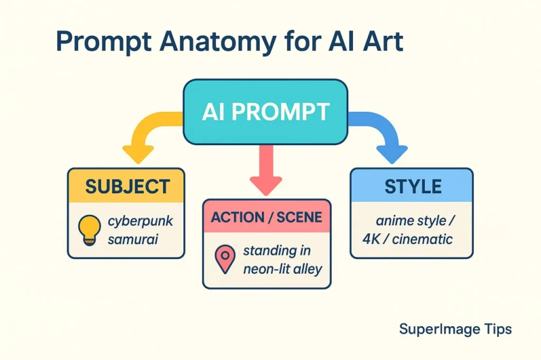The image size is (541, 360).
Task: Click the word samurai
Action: (133, 240)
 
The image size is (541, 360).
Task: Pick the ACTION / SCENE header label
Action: (267, 217)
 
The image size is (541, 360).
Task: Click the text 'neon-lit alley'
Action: (282, 269)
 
